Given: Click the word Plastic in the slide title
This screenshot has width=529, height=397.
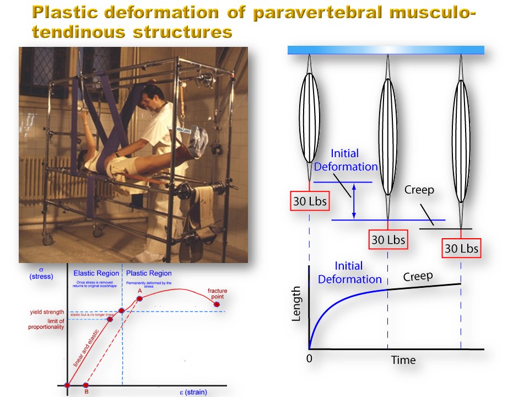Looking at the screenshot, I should (x=64, y=13).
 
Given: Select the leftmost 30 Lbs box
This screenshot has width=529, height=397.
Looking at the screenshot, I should (x=310, y=201).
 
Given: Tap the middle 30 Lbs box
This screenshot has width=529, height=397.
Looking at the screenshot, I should (x=388, y=240).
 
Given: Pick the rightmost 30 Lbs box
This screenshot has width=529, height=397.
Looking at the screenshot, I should (x=461, y=248).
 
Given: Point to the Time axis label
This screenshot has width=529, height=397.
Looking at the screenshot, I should (x=403, y=360).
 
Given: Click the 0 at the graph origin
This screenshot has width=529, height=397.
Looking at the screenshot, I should (x=310, y=358).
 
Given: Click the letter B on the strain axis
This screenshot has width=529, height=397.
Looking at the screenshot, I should (x=85, y=393).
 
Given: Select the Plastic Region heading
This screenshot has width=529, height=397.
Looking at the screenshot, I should (x=149, y=273).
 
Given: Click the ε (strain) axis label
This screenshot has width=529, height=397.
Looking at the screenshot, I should (x=191, y=392).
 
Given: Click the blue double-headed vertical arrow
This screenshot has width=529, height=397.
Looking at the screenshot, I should (x=354, y=201).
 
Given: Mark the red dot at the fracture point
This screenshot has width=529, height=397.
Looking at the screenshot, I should (x=216, y=304).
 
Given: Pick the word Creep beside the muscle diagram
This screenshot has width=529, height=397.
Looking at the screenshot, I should (x=419, y=190).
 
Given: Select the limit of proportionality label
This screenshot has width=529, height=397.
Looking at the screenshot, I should (x=47, y=324).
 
